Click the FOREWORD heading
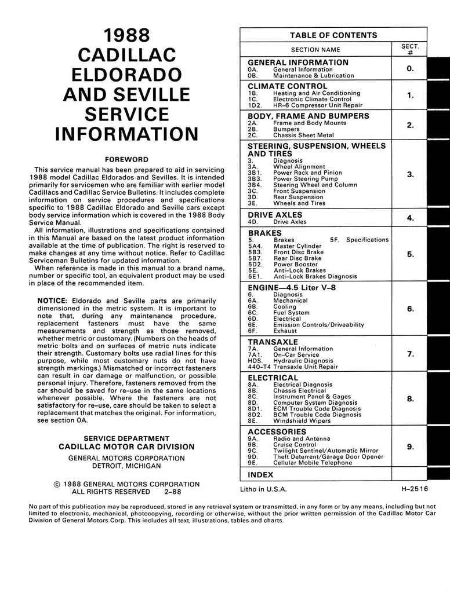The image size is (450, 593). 126,159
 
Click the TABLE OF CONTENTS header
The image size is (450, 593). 333,35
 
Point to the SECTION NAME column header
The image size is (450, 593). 315,50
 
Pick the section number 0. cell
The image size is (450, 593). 410,68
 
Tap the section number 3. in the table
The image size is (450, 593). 410,174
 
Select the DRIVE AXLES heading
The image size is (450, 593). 275,215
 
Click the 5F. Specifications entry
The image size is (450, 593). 360,240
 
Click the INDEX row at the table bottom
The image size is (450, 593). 260,474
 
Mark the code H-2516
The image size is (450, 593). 414,489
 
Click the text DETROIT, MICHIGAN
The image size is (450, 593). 126,466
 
